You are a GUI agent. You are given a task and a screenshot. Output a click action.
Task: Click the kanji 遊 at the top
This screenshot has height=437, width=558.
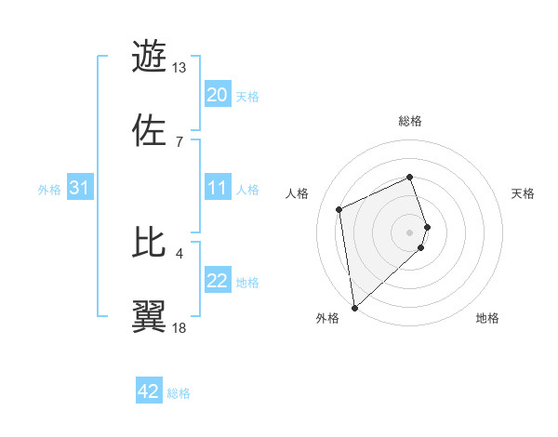click(x=151, y=57)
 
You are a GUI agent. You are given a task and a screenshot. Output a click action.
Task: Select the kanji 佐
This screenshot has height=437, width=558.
click(x=151, y=129)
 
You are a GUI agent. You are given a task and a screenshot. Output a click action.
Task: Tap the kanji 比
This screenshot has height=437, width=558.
click(x=151, y=243)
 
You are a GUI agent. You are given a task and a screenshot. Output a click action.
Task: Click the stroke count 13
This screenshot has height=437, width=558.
click(x=179, y=68)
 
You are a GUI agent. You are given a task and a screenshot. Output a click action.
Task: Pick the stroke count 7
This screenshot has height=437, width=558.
click(x=179, y=141)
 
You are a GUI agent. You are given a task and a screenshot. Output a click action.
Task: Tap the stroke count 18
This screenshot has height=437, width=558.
click(x=179, y=327)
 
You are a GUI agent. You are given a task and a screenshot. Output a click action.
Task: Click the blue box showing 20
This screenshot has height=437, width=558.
click(x=217, y=95)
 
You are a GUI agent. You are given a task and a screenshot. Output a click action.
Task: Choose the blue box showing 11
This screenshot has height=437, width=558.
click(x=217, y=189)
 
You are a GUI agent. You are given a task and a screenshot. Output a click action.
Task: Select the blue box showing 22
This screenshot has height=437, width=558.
click(x=217, y=282)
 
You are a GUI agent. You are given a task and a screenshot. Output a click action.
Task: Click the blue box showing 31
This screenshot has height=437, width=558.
click(x=79, y=189)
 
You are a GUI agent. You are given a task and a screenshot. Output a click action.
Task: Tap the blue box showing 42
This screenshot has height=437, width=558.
click(x=149, y=391)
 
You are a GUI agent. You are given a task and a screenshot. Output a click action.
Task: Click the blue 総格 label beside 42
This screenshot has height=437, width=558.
click(x=179, y=393)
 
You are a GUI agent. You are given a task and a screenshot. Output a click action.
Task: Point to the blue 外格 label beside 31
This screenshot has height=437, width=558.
click(x=49, y=190)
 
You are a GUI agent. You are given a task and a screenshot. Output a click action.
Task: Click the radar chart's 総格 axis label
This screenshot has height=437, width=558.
click(x=410, y=121)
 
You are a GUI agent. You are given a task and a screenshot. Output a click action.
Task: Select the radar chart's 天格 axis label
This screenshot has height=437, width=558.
click(x=523, y=193)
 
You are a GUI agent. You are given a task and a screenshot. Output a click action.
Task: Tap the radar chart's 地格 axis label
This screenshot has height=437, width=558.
click(x=487, y=319)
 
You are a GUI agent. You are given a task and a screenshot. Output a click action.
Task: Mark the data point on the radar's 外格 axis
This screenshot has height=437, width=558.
click(x=353, y=308)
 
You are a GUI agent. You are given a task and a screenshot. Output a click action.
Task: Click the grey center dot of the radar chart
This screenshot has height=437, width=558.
click(x=410, y=231)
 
